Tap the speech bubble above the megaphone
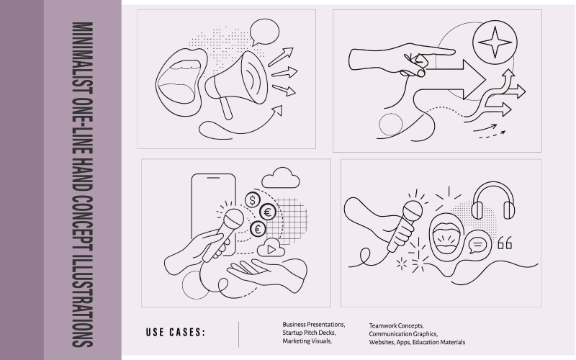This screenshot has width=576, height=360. coord(264,32)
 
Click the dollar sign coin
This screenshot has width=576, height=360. coord(252,199)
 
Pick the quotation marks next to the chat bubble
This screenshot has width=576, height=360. coord(505,243)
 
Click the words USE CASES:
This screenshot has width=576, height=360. coord(175,333)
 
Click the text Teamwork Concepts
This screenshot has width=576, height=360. coord(396,325)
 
